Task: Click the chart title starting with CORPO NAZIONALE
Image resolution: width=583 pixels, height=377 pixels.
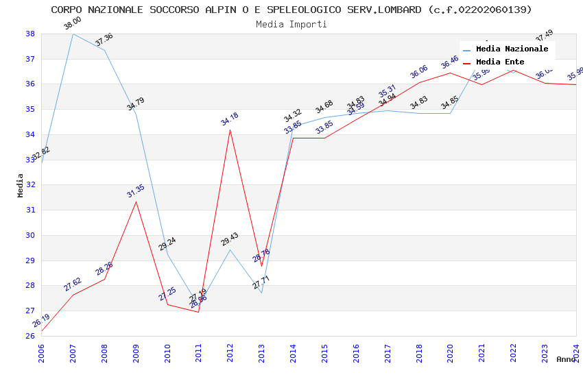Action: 291,10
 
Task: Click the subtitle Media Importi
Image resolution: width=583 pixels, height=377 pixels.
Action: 291,24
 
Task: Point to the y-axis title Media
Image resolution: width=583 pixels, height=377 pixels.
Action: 21,185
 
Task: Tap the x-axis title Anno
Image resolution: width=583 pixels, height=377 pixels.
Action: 566,359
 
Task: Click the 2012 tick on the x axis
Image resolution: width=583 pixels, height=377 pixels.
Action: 230,351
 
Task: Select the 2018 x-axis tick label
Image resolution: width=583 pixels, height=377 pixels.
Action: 419,351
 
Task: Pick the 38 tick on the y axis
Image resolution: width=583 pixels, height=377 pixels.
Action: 30,34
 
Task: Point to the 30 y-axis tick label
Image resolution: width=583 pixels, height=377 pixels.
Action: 30,235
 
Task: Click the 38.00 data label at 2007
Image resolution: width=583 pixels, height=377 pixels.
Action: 72,24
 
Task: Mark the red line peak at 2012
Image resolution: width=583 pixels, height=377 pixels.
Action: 230,130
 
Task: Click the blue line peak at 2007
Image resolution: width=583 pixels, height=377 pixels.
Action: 73,34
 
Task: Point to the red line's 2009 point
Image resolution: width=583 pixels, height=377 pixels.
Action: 136,201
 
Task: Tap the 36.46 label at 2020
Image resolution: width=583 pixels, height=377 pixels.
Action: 450,62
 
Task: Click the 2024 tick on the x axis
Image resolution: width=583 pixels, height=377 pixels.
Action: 576,351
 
